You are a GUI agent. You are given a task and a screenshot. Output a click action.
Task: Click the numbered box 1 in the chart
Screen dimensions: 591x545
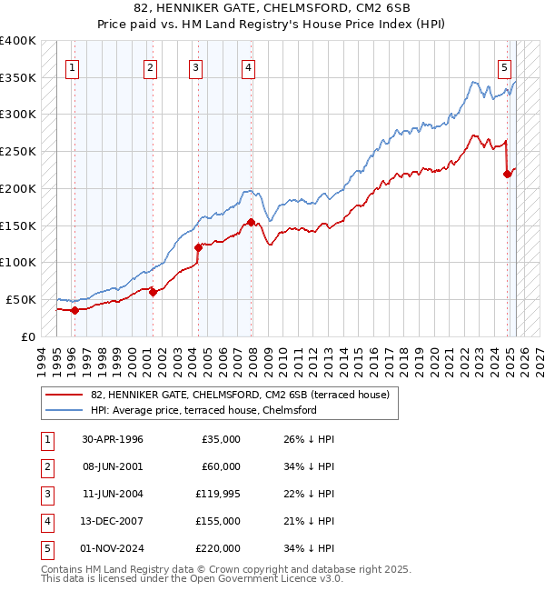(x=72, y=65)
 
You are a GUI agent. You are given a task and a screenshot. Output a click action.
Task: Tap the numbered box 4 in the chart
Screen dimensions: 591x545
(x=248, y=65)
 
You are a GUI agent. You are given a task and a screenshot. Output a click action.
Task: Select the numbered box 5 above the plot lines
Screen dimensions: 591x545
(x=504, y=65)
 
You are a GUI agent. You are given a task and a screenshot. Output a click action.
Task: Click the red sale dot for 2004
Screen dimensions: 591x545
(x=198, y=246)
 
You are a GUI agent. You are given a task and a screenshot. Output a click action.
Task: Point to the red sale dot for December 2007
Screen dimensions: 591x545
(x=251, y=221)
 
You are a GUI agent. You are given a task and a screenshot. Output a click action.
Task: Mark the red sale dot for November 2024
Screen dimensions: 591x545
(x=507, y=174)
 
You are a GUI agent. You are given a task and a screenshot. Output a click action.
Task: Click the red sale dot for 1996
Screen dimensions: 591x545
(x=75, y=310)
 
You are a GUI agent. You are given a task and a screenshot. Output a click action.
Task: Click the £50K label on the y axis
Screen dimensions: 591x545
(x=21, y=299)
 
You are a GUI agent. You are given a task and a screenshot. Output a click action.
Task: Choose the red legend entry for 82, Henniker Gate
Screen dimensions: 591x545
(x=240, y=395)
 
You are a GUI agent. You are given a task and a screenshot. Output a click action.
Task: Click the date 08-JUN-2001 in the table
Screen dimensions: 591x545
(x=113, y=466)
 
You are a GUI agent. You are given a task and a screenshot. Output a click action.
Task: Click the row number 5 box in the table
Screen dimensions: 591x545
(x=46, y=548)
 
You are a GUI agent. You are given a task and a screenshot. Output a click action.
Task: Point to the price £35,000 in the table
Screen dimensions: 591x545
(x=221, y=439)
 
